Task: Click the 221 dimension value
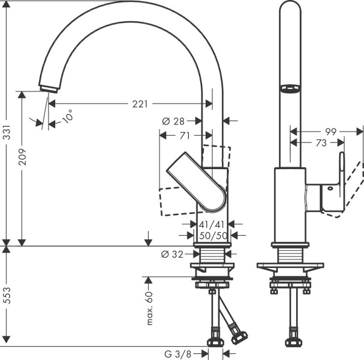[140, 104]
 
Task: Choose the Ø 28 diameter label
[174, 121]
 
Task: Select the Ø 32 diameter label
[173, 255]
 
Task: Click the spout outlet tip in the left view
[44, 89]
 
